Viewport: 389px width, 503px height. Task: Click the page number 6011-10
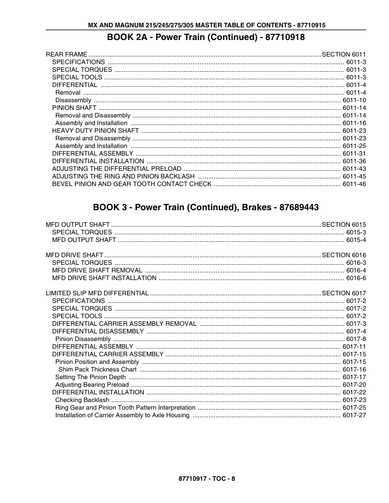[x=354, y=100]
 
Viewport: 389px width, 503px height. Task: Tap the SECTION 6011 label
[x=345, y=55]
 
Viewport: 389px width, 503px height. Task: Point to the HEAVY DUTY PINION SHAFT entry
[x=95, y=131]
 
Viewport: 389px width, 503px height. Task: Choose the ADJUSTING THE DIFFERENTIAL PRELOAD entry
[x=117, y=169]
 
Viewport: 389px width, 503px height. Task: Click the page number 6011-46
[x=354, y=184]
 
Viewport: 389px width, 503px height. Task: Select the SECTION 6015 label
[x=345, y=225]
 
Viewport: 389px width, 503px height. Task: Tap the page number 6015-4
[x=356, y=240]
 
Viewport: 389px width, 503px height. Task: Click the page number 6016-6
[x=356, y=278]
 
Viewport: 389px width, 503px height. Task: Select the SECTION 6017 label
[x=345, y=293]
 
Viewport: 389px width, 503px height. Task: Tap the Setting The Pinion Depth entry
[x=91, y=377]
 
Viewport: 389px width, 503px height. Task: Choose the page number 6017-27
[x=354, y=415]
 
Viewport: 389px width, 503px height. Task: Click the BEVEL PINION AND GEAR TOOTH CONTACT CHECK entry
[x=132, y=184]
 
